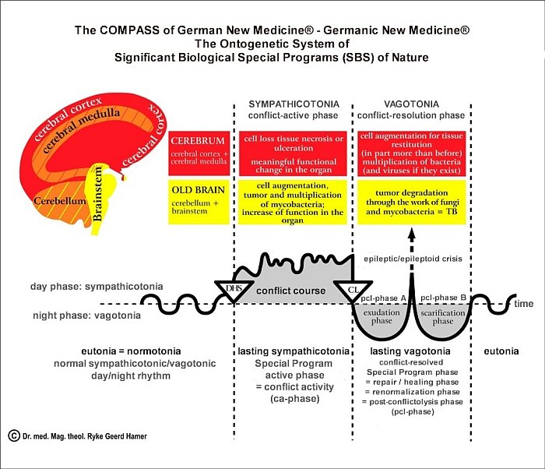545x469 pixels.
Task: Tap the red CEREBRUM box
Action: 199,153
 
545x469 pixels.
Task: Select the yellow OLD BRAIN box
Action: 199,202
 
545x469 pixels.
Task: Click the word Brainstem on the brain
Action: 98,194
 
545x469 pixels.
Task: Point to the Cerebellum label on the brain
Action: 60,201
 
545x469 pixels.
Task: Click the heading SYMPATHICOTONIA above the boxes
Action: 294,104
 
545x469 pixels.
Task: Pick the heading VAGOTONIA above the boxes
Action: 412,104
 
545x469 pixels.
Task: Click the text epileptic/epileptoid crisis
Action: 413,259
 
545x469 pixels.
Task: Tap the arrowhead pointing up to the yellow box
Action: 412,235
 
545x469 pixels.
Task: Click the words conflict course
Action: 291,291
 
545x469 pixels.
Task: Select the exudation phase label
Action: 381,316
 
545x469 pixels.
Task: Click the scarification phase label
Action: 443,317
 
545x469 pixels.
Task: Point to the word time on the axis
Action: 524,303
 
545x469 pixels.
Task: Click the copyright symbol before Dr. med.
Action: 14,436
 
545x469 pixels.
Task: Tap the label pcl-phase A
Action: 383,298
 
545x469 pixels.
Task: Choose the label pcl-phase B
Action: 443,298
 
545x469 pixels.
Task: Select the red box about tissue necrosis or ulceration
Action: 293,153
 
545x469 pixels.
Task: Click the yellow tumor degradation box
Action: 412,202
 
